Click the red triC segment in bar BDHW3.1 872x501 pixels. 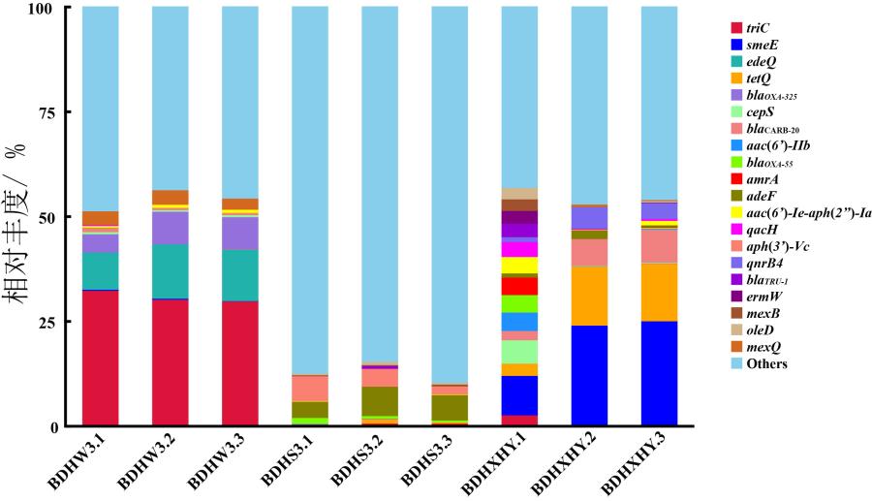(x=100, y=358)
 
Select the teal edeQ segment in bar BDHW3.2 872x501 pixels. (x=171, y=271)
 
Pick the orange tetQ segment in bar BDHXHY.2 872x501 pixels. (x=589, y=296)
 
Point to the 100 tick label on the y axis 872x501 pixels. (x=40, y=8)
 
